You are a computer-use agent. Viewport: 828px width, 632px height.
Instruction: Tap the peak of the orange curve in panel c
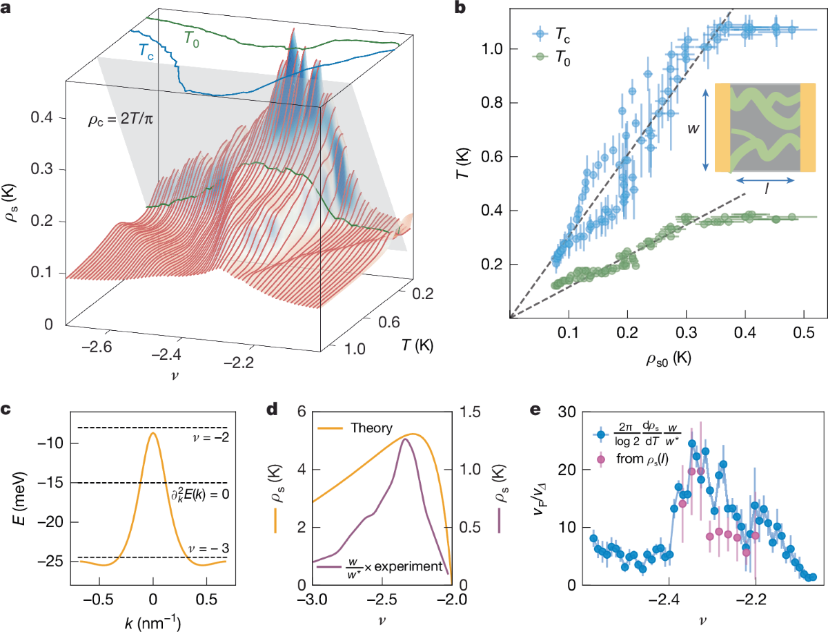click(x=153, y=433)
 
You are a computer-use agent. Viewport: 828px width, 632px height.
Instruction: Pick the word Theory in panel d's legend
click(x=368, y=428)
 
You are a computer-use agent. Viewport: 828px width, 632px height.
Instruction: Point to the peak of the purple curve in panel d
click(x=406, y=439)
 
